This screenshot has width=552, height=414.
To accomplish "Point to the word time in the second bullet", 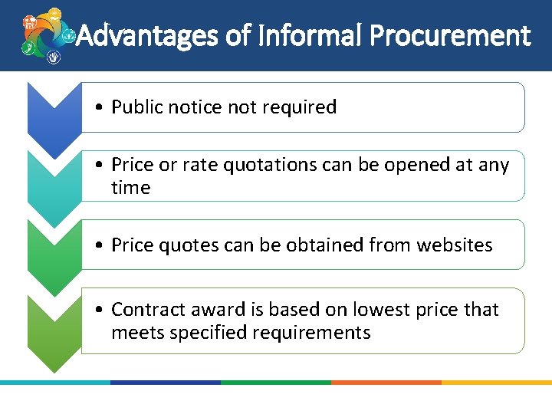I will click(x=131, y=188).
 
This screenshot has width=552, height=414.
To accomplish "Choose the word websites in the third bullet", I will click(x=455, y=245).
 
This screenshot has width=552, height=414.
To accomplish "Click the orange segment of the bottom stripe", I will click(x=386, y=382).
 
